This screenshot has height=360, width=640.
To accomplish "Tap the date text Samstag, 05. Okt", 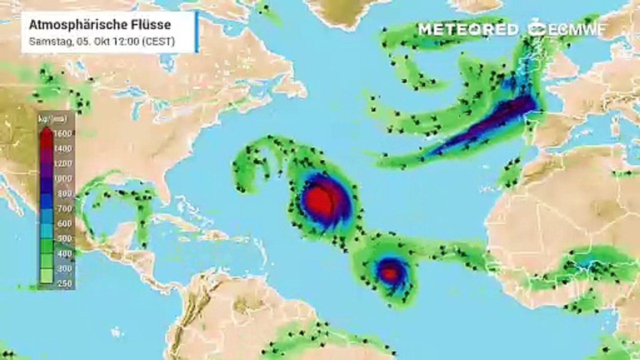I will tap(65, 42).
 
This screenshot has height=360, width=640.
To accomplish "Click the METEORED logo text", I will tap(468, 29).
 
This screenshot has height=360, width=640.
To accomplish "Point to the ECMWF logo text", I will tap(575, 29).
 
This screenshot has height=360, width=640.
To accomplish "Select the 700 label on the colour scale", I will tap(65, 208).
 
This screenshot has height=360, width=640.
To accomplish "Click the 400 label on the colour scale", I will tap(65, 253).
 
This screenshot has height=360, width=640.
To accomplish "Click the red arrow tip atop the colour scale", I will tap(45, 131).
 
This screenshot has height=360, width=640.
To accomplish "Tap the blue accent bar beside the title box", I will tap(197, 31).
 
